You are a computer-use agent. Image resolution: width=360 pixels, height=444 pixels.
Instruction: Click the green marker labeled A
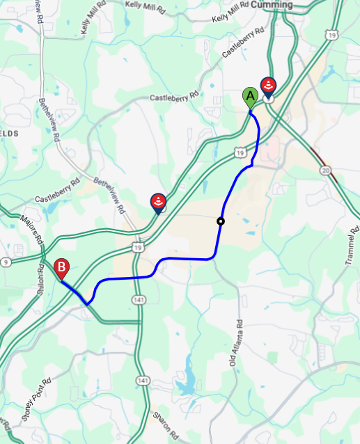point(249,97)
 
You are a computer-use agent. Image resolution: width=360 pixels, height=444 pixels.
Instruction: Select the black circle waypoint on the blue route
point(221,222)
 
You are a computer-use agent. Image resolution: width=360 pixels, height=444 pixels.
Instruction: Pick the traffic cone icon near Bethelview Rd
point(158,203)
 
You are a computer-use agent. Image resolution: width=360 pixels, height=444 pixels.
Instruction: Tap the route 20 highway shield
point(326,170)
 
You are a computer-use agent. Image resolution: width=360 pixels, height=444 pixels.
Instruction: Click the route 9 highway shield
point(6,262)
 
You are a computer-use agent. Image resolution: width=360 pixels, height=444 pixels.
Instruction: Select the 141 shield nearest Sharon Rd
point(143,381)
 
